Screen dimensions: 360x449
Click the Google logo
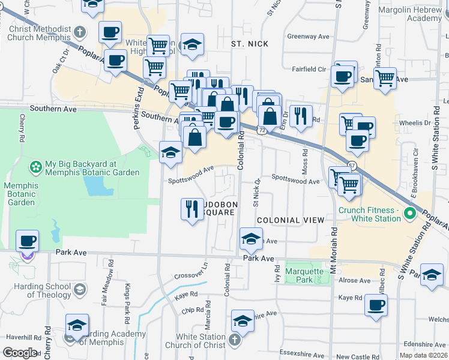coord(20,352)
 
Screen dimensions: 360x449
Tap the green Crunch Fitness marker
coord(410,213)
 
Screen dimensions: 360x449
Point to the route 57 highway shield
coord(352,166)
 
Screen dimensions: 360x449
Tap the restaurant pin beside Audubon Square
coord(191,209)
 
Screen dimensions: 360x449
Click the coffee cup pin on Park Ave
coord(27,241)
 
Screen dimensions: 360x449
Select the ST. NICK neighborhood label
coord(250,44)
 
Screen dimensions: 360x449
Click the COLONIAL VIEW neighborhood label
coord(286,220)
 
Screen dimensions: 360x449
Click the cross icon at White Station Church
coord(234,340)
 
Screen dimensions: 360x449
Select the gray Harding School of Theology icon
coord(79,290)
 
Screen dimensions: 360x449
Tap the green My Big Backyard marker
coord(36,165)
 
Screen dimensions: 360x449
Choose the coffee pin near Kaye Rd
coord(376,305)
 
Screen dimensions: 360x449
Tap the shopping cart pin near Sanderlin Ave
coord(385,78)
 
